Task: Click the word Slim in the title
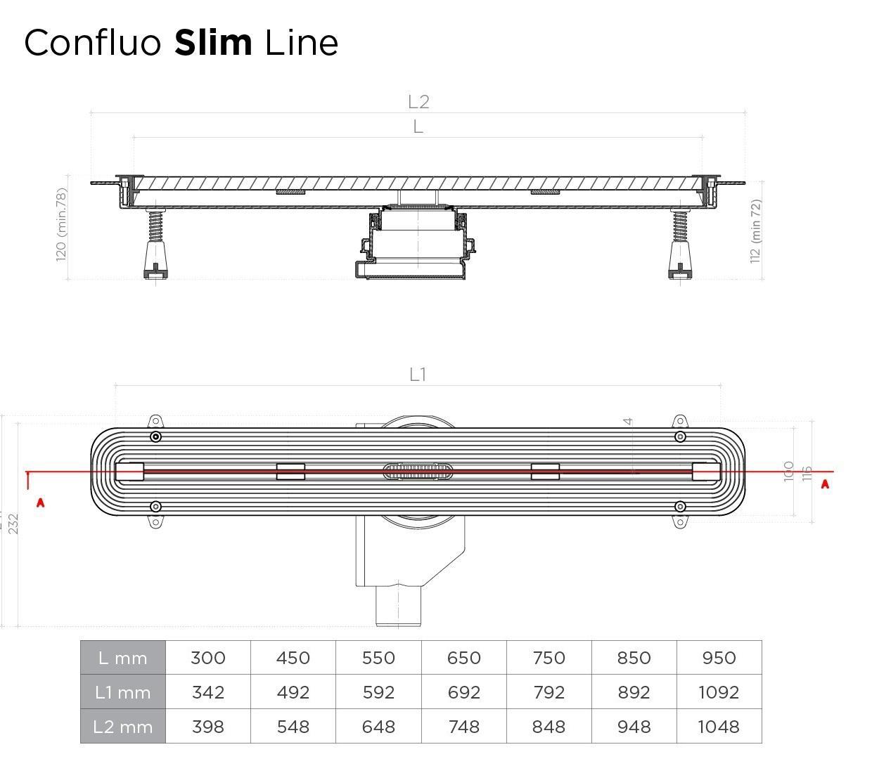pyautogui.click(x=213, y=43)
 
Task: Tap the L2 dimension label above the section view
pyautogui.click(x=418, y=102)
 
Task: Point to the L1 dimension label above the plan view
pyautogui.click(x=418, y=375)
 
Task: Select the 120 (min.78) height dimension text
pyautogui.click(x=62, y=224)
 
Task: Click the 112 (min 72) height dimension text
pyautogui.click(x=756, y=231)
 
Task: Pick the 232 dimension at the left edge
pyautogui.click(x=13, y=524)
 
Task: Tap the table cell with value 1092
pyautogui.click(x=719, y=692)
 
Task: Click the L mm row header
pyautogui.click(x=123, y=658)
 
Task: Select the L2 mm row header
pyautogui.click(x=123, y=727)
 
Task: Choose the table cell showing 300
pyautogui.click(x=208, y=658)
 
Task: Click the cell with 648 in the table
pyautogui.click(x=378, y=727)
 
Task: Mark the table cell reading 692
pyautogui.click(x=464, y=692)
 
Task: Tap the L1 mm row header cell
pyautogui.click(x=123, y=692)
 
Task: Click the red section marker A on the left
pyautogui.click(x=41, y=502)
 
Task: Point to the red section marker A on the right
pyautogui.click(x=825, y=484)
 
